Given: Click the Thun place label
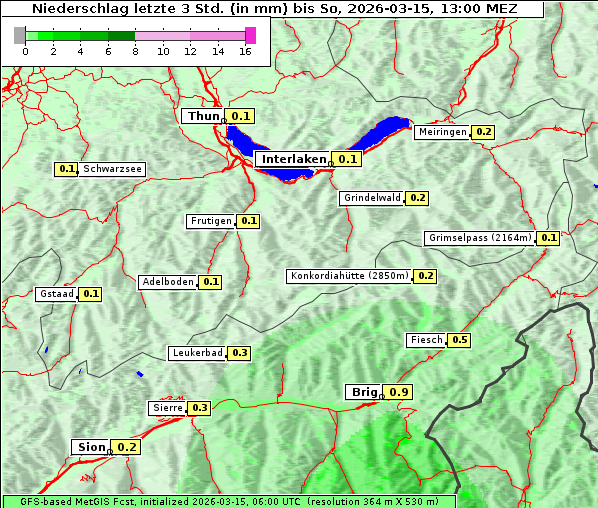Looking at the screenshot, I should [x=203, y=117].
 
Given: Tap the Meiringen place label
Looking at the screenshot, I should [x=442, y=132].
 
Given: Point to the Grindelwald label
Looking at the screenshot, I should [x=372, y=198].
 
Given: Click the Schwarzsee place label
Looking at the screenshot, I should [x=113, y=169].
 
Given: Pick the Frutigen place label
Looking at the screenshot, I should [x=211, y=221].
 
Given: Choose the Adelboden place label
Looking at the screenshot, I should [x=167, y=282].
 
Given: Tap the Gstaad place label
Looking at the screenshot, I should [x=56, y=294].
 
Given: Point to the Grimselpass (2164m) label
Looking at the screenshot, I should [x=479, y=238].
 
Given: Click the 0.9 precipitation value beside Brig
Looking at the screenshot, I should [x=399, y=392].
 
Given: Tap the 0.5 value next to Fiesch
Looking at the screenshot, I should [x=459, y=340].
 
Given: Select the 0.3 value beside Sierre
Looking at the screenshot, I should [x=199, y=408].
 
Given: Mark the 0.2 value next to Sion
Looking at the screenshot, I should [x=127, y=447].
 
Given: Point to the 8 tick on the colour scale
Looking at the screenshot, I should [x=135, y=52].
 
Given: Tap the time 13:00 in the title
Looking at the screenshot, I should [x=470, y=9].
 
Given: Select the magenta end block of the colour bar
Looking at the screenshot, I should [x=250, y=35].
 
